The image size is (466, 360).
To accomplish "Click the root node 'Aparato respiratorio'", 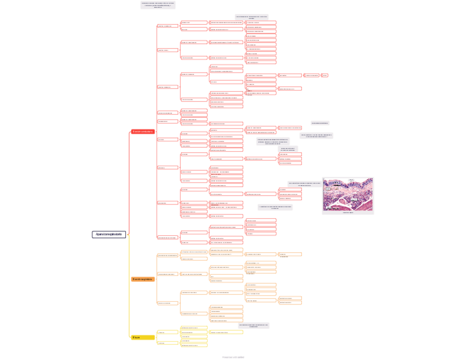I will (x=109, y=235).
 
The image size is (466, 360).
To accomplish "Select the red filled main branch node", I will (x=143, y=132).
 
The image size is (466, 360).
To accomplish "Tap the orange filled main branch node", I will (x=143, y=279).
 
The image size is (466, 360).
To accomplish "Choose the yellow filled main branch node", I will (x=143, y=337).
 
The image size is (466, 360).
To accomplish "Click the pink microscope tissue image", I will (x=348, y=194).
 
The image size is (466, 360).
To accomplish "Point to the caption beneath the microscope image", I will (x=348, y=212).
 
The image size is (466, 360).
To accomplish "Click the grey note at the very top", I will (x=158, y=5).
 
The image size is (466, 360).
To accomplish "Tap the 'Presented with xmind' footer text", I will (x=233, y=357).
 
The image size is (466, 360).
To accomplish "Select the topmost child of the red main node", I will (x=168, y=26).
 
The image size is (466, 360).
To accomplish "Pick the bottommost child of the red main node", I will (x=168, y=237).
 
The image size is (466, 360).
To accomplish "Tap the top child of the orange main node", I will (x=168, y=256).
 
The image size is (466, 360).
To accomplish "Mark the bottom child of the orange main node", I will (x=168, y=303).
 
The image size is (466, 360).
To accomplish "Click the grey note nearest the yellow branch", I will (x=253, y=325).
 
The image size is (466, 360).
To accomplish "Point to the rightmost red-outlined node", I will (x=325, y=75).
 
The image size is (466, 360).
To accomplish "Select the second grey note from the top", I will (x=252, y=17).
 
